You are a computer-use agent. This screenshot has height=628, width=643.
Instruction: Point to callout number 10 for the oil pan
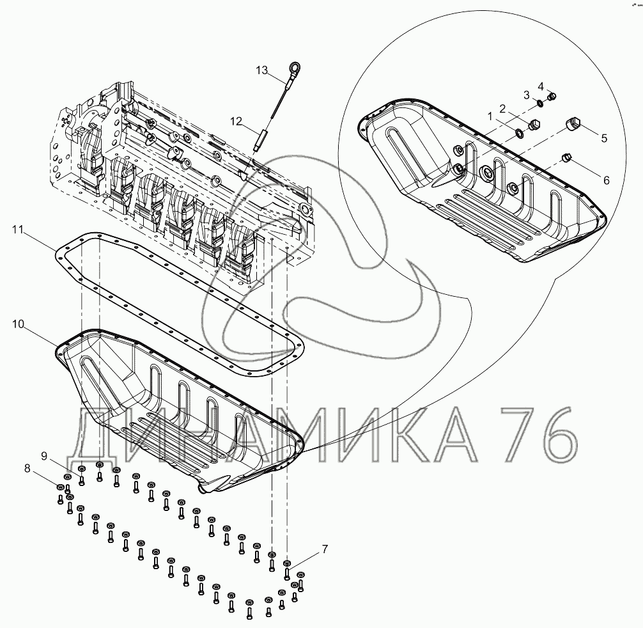19,325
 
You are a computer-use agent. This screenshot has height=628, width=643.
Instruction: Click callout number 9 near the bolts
44,455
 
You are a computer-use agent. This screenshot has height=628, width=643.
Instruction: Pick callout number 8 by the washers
27,468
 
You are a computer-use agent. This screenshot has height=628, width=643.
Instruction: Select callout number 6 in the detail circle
605,180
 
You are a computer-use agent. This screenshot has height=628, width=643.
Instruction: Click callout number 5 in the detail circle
603,136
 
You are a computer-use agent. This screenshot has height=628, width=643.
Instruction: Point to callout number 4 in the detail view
540,86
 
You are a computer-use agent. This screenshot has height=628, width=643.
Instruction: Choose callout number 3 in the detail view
527,95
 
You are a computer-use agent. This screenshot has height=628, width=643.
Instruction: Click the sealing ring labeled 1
519,134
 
